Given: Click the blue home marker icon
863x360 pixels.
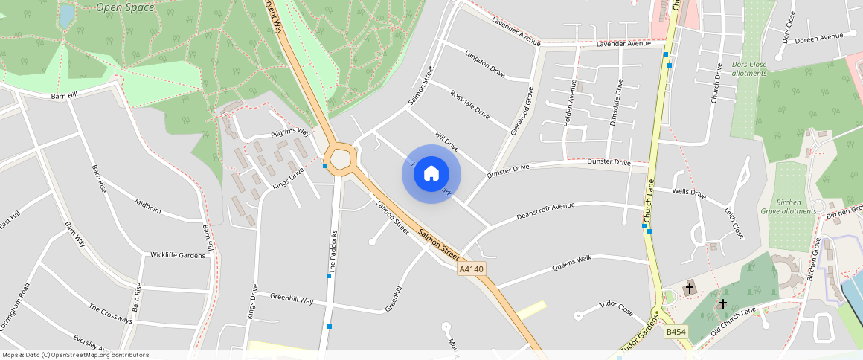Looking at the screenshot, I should [431, 174].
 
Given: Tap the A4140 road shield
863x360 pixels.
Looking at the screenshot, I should [472, 269].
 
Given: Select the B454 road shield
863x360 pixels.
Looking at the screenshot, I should [676, 332].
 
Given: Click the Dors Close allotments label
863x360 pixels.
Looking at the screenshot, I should [749, 69].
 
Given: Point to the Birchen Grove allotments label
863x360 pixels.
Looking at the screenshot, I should [788, 206].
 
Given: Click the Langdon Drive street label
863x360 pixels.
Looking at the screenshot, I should [484, 64].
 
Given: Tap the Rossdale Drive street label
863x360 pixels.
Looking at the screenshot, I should [470, 105].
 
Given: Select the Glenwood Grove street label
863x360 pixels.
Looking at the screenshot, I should [522, 111].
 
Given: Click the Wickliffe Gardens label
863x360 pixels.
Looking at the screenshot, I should [178, 255].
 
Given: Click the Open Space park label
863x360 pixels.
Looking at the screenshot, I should [125, 7].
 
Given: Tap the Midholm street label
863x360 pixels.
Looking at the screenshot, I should [148, 205].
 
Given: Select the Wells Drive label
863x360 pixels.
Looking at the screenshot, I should [689, 193].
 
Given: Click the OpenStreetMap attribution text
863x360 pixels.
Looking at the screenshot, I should [76, 355].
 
